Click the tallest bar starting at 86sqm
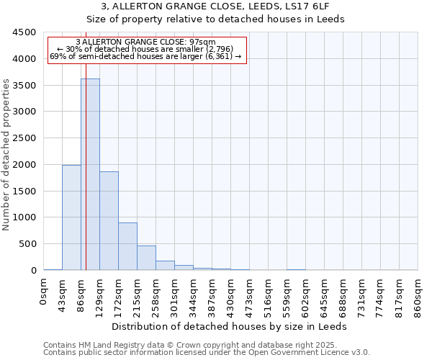pos(90,174)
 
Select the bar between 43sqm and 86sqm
pos(71,217)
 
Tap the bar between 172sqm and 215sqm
pos(127,246)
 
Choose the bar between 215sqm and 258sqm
pos(146,258)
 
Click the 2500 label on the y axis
pos(24,138)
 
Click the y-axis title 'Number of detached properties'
pos(6,155)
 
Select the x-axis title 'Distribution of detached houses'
pos(230,326)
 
